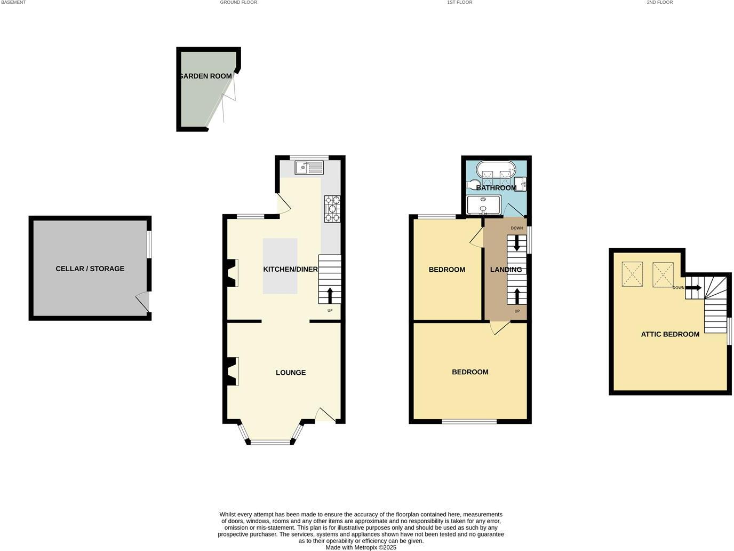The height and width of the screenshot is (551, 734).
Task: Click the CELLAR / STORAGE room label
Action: point(90,269)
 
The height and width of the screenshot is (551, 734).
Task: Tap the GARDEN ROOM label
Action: point(206,76)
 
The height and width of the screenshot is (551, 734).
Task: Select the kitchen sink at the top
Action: point(309,168)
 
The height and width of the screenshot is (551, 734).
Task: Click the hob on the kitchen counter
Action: point(332,209)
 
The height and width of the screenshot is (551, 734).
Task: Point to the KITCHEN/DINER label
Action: point(290,269)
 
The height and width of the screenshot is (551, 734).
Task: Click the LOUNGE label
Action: point(291,373)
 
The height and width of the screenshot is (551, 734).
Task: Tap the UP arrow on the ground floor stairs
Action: point(330,295)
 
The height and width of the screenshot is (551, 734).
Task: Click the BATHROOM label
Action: point(496,188)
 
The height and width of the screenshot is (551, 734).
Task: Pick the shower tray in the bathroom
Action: point(484,205)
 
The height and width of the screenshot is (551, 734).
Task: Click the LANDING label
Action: point(506,270)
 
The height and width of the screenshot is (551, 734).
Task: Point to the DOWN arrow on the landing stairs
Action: point(516,245)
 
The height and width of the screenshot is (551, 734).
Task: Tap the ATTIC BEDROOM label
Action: point(670,334)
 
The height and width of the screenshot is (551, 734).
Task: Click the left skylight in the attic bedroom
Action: point(633,274)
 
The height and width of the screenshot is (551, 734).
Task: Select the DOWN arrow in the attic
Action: point(693,288)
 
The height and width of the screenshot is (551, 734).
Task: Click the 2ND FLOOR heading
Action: point(660,3)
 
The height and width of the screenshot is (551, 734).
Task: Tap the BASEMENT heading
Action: point(13,3)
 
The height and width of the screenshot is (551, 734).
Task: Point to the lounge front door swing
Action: point(325,415)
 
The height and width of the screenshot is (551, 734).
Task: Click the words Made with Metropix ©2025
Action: point(361,547)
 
